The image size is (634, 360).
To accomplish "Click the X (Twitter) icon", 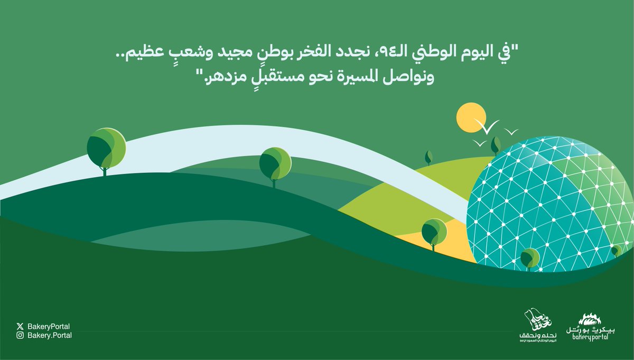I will (x=20, y=326).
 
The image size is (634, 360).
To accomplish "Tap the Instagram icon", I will (x=20, y=335).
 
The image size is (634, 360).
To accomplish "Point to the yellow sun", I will (x=471, y=117).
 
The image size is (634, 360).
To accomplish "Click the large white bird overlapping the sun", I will (x=487, y=126).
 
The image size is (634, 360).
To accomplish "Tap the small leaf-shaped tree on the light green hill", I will (x=428, y=156).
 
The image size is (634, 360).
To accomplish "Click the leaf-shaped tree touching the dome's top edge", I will (x=496, y=144).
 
